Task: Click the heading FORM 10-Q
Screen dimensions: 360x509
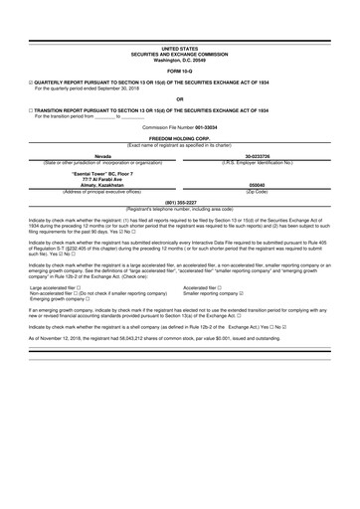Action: click(x=179, y=73)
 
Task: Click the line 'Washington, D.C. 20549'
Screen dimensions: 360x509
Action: click(x=179, y=60)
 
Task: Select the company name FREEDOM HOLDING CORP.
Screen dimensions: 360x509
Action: click(x=179, y=136)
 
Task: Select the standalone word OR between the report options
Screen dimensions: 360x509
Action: click(x=179, y=97)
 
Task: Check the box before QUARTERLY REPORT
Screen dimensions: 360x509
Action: click(x=32, y=83)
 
